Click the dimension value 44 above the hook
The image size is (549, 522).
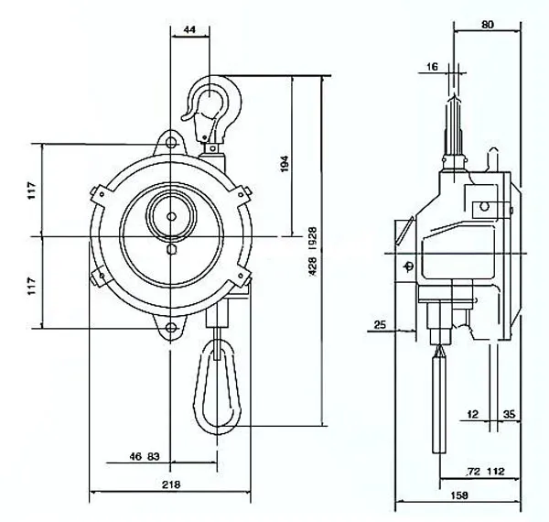189,30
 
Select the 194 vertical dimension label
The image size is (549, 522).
285,165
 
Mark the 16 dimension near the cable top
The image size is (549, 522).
432,67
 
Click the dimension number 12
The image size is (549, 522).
472,415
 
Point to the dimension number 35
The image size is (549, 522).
510,415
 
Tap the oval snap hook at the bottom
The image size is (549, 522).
218,385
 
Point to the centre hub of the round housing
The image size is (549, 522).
170,218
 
